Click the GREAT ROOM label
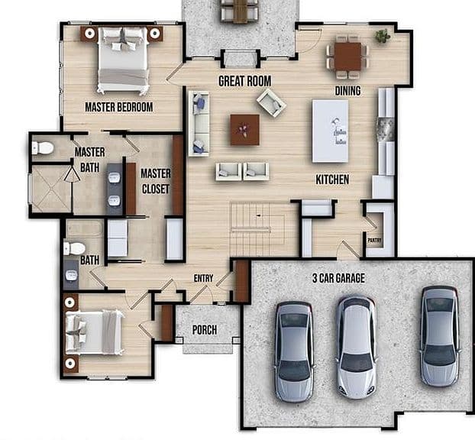tap(245, 81)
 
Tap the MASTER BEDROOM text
tap(119, 107)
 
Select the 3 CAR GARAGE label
tap(338, 278)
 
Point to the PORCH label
tap(205, 330)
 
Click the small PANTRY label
tap(374, 241)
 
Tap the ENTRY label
tap(203, 278)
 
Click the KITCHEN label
tap(332, 180)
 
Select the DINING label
tap(347, 91)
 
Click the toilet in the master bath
tap(43, 148)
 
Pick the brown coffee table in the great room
tap(245, 130)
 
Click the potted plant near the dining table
tap(383, 36)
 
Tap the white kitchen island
tap(330, 131)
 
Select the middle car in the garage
tap(357, 347)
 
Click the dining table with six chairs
tap(347, 57)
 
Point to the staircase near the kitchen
tap(257, 229)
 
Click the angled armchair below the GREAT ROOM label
tap(271, 102)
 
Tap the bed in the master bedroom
tap(123, 60)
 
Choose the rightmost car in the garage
tap(440, 336)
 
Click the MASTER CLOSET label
tap(156, 181)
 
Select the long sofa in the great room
tap(199, 124)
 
